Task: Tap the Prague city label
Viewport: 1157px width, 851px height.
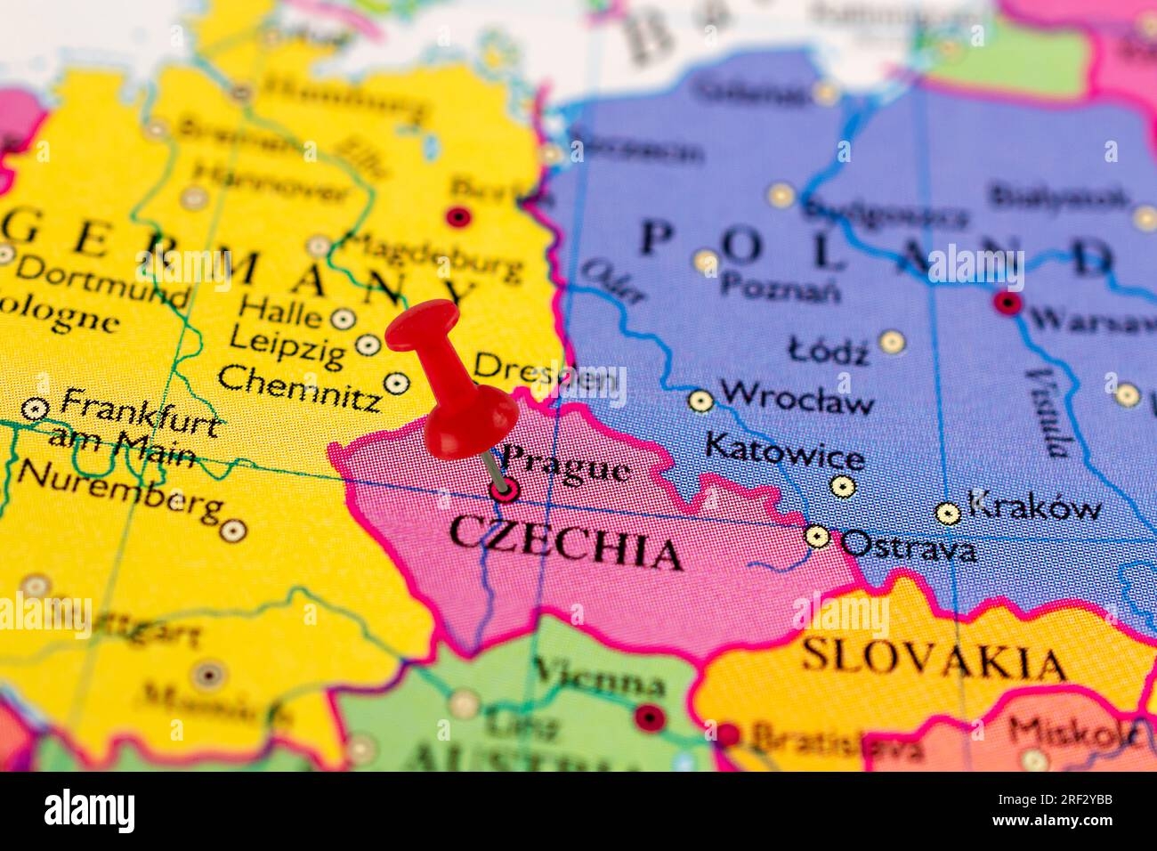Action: (566, 466)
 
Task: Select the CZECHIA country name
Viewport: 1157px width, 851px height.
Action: (565, 543)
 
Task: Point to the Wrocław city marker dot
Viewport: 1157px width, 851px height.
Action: (701, 401)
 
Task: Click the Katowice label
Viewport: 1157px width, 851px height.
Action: (783, 450)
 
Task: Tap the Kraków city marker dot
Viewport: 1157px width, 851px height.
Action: (949, 513)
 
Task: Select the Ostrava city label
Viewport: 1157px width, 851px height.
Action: (908, 545)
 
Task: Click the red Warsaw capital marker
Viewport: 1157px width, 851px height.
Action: (1007, 303)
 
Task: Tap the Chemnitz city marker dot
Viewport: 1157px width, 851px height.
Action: (396, 383)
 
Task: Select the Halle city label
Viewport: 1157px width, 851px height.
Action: (281, 314)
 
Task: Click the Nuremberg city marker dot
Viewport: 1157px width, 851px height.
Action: (233, 531)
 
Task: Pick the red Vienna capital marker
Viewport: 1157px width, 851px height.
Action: (650, 716)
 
